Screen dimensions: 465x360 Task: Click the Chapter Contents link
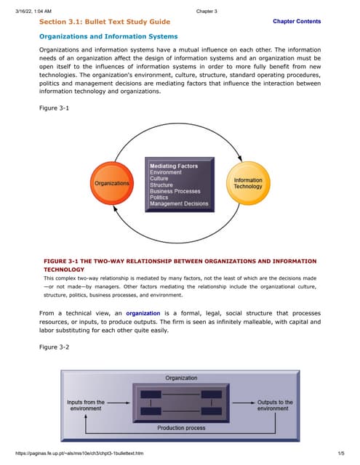[296, 22]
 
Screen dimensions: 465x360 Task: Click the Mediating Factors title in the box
[173, 166]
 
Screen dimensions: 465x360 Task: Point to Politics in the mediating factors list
[159, 197]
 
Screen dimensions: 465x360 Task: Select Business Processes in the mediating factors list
[175, 191]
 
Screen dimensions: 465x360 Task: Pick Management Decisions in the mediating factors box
[178, 203]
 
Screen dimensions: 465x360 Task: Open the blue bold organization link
[122, 313]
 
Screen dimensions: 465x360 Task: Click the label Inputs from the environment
[86, 405]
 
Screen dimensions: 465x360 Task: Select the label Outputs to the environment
[275, 405]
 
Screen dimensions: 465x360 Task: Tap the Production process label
[181, 428]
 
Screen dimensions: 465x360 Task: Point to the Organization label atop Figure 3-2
[181, 378]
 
